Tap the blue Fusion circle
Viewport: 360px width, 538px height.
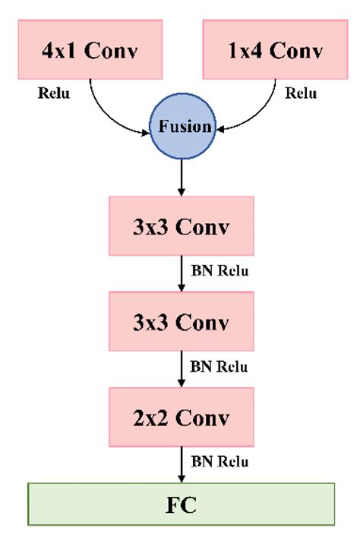(x=184, y=127)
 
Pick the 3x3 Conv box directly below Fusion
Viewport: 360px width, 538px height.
(x=181, y=225)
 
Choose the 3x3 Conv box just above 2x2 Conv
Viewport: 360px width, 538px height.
(x=181, y=322)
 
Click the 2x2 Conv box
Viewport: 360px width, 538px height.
(x=181, y=417)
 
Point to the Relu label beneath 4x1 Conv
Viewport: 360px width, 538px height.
(x=52, y=94)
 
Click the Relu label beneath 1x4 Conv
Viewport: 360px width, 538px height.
(x=301, y=94)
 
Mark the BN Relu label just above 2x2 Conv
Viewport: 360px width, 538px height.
(x=219, y=367)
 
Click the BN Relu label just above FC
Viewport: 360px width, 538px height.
(x=219, y=461)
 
